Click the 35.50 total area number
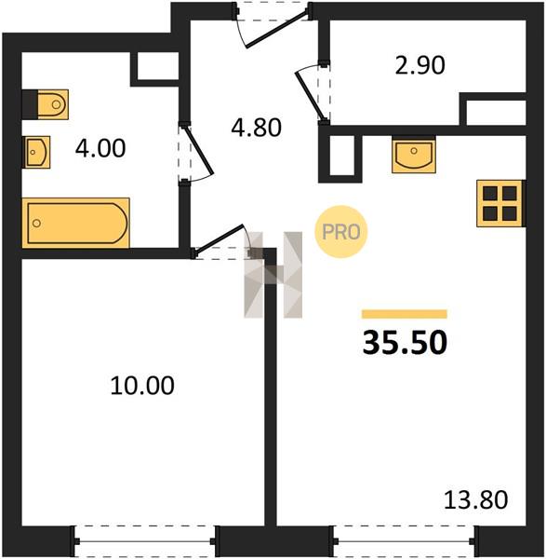(405, 342)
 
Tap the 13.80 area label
(476, 499)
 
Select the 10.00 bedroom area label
(142, 386)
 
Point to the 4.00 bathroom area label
(100, 148)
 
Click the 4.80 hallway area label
(257, 128)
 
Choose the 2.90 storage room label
(420, 65)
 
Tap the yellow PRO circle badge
(341, 232)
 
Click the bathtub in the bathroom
(75, 223)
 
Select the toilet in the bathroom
(46, 104)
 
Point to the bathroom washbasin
(36, 152)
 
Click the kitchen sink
(414, 155)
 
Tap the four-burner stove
(500, 203)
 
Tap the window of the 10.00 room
(145, 541)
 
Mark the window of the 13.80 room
(405, 541)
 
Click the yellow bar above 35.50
(405, 314)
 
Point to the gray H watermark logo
(273, 275)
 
